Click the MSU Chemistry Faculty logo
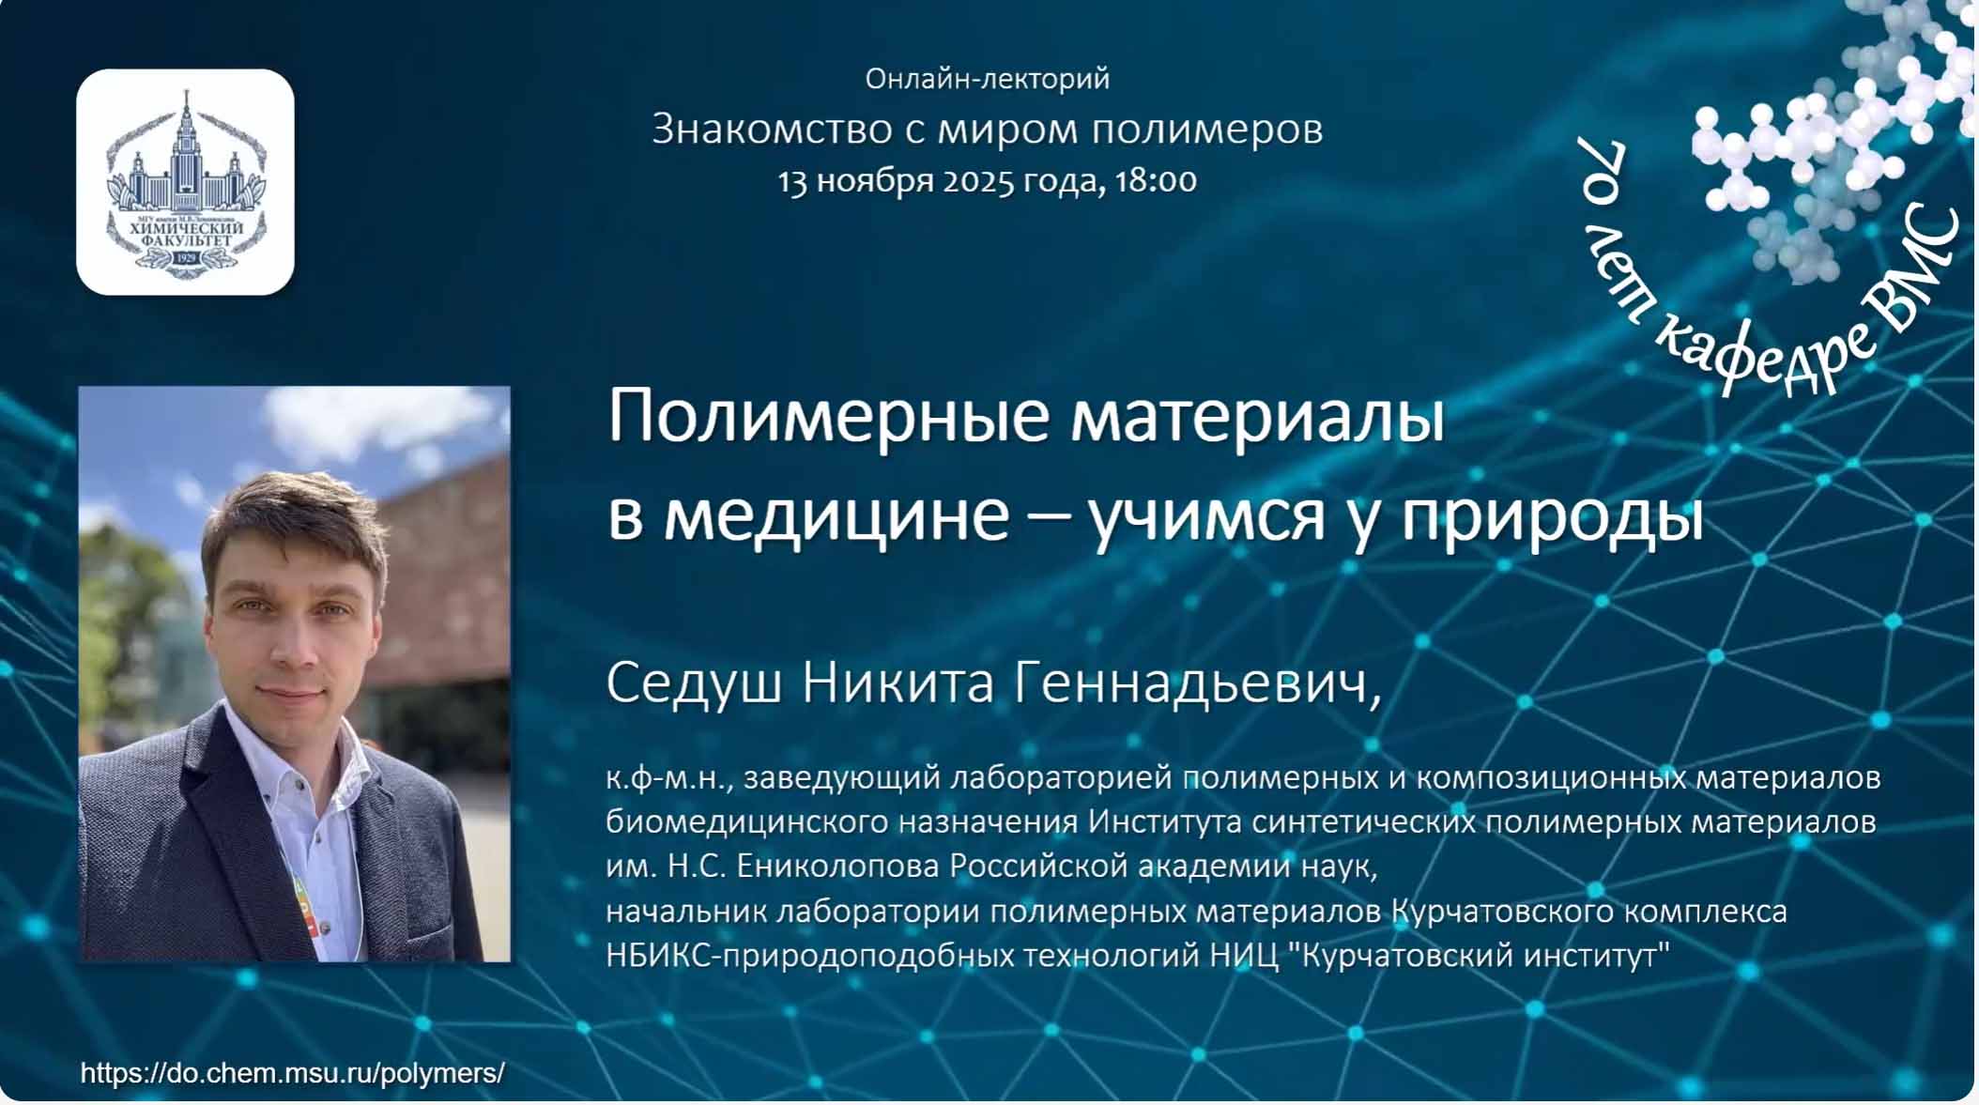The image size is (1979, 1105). coord(185,182)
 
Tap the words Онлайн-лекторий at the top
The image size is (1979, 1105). coord(987,79)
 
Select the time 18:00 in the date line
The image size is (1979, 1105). coord(1156,179)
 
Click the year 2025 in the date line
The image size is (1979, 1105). coord(977,180)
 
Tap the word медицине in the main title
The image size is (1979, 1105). coord(836,515)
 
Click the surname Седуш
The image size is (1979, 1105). coord(694,683)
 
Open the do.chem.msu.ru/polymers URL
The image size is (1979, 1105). coord(293,1073)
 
